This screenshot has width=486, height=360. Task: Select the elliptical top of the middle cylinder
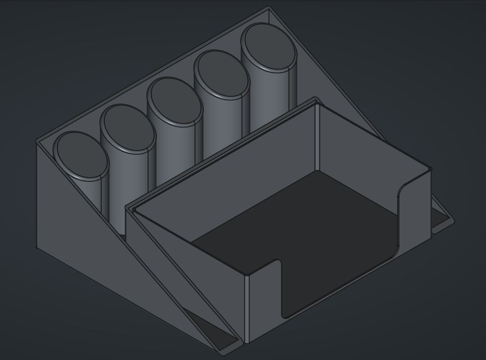[x=174, y=100]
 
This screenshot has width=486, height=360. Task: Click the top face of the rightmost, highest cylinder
[x=269, y=47]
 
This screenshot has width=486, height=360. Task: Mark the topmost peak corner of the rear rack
[x=269, y=7]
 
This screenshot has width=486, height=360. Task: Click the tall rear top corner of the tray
[x=316, y=99]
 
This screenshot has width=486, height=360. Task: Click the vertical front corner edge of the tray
[x=246, y=308]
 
